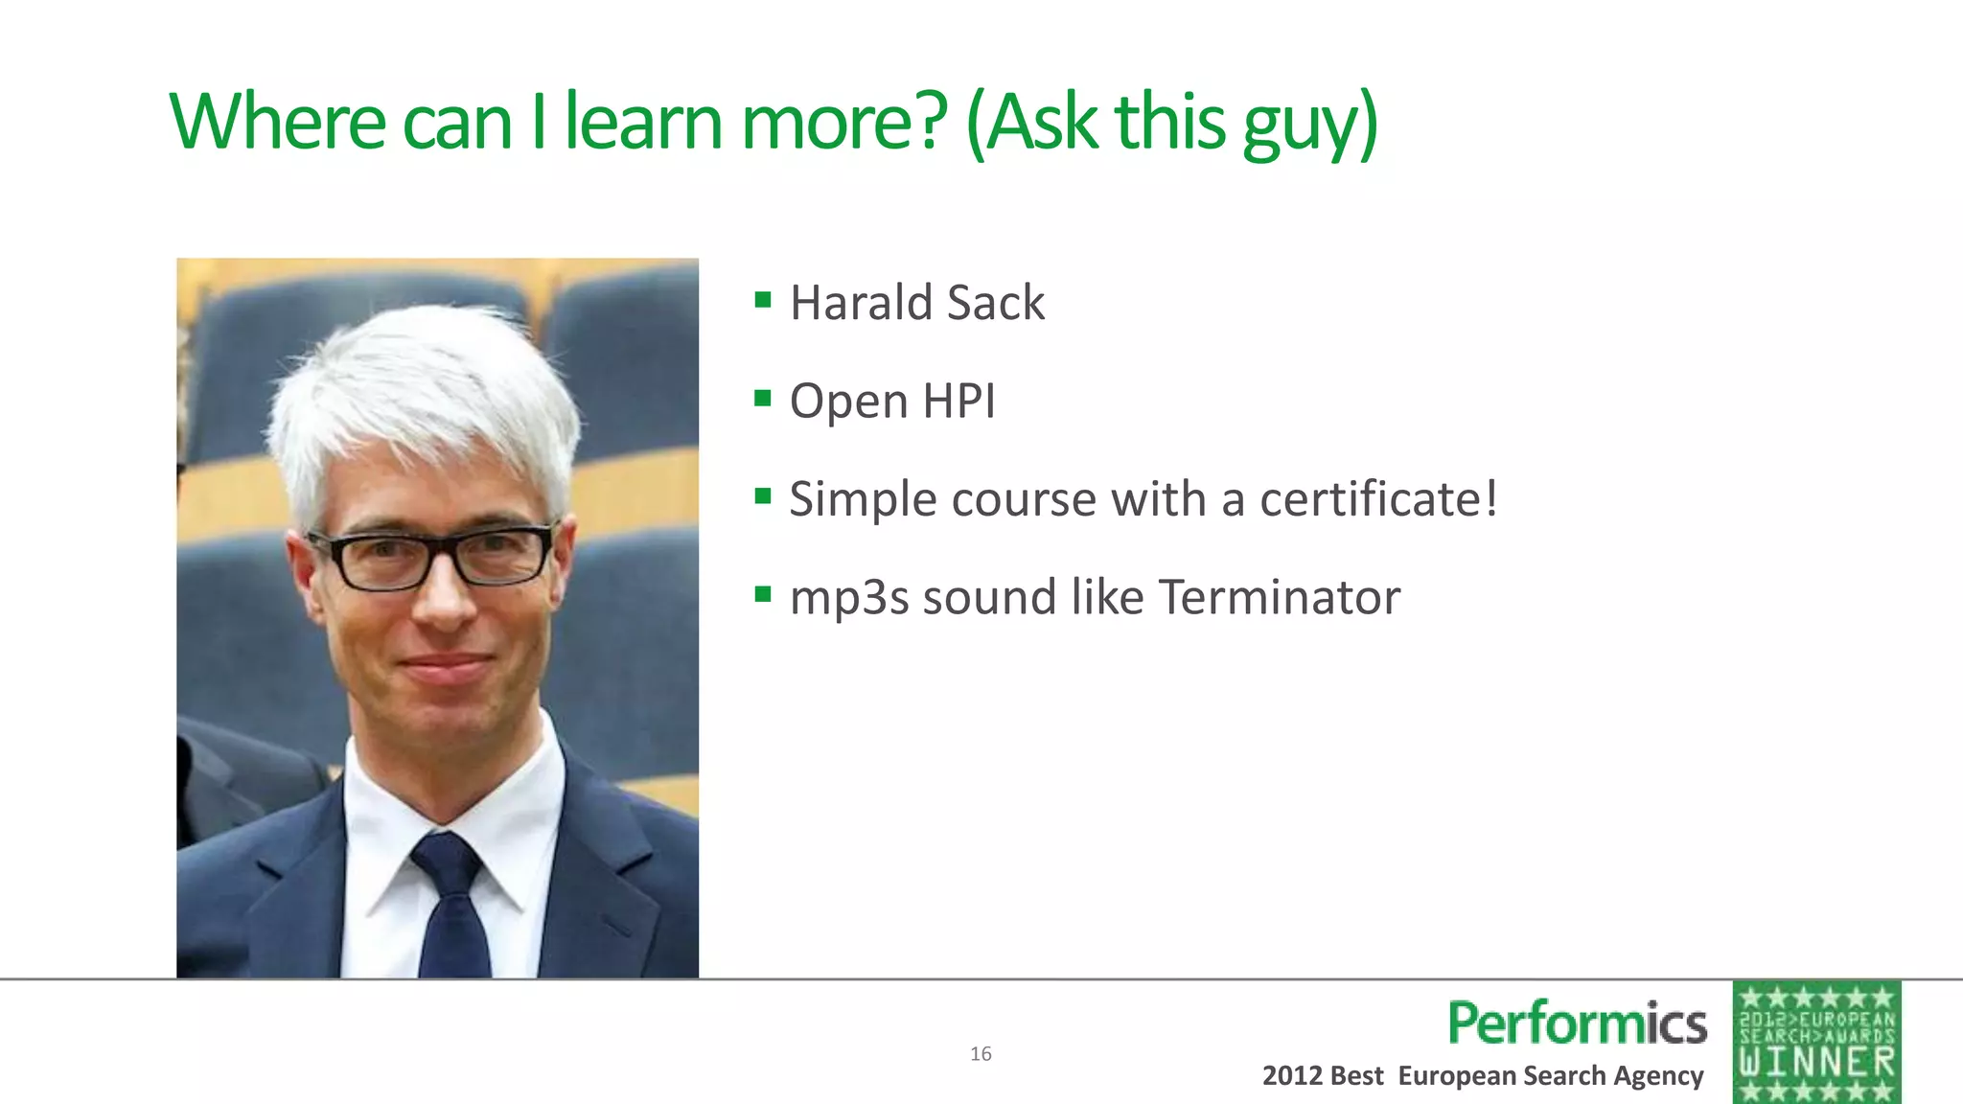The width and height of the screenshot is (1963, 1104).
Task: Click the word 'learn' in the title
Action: (x=642, y=123)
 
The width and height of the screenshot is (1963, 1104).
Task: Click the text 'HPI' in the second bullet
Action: (x=958, y=401)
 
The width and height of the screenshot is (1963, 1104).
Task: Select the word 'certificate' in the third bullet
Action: (x=1370, y=499)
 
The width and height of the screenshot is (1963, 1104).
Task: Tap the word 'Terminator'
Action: (x=1280, y=597)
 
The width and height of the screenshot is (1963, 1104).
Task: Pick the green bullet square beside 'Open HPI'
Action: (x=763, y=398)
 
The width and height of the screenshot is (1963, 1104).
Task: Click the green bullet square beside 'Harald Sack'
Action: (x=763, y=300)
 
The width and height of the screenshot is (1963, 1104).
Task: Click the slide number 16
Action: (x=981, y=1054)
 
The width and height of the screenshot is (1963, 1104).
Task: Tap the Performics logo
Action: (x=1578, y=1023)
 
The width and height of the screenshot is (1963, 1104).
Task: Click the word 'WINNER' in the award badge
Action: (x=1817, y=1063)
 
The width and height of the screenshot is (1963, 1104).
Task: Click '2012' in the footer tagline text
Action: (x=1292, y=1076)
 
